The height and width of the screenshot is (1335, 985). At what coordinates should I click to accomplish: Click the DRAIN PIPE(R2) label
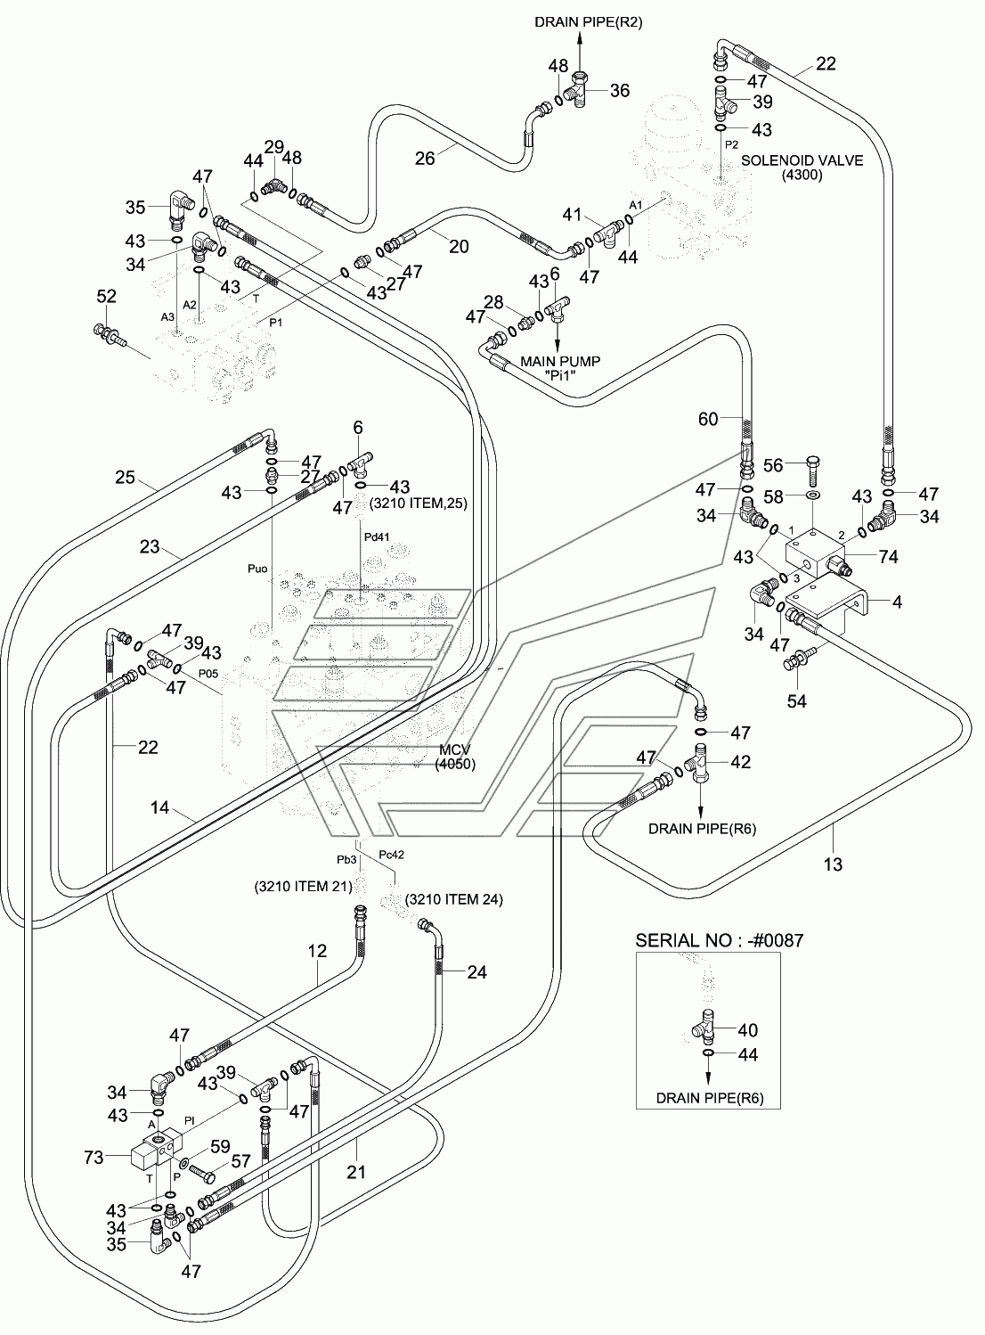coord(580,22)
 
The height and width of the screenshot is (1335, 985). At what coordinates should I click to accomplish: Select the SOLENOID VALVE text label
coord(802,160)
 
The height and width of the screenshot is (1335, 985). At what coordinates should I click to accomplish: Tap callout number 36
coord(620,90)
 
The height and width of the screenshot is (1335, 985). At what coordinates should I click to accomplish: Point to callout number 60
coord(708,419)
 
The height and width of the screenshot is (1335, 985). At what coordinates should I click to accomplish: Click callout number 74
coord(888,557)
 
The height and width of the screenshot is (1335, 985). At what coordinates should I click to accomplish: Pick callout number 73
coord(94,1158)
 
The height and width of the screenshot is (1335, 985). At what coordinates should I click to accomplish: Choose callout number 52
coord(107,296)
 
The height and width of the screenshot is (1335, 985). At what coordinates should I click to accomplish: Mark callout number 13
coord(833,864)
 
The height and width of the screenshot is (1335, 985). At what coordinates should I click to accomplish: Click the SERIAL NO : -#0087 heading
coord(720,940)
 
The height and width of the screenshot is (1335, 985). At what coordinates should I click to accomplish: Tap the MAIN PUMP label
coord(560,361)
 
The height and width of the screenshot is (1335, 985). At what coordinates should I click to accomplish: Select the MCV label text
coord(454,750)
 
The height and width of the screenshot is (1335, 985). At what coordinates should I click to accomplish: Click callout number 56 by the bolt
coord(773,464)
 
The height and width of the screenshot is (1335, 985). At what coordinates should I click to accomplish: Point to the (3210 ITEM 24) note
coord(453,899)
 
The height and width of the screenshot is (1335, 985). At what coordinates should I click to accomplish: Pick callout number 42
coord(740,762)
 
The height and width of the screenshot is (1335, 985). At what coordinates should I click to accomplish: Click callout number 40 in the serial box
coord(747,1030)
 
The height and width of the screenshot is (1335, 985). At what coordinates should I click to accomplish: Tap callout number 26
coord(425,158)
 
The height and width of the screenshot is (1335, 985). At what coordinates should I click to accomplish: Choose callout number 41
coord(573,214)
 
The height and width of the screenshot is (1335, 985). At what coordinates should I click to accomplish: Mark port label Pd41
coord(378,536)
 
